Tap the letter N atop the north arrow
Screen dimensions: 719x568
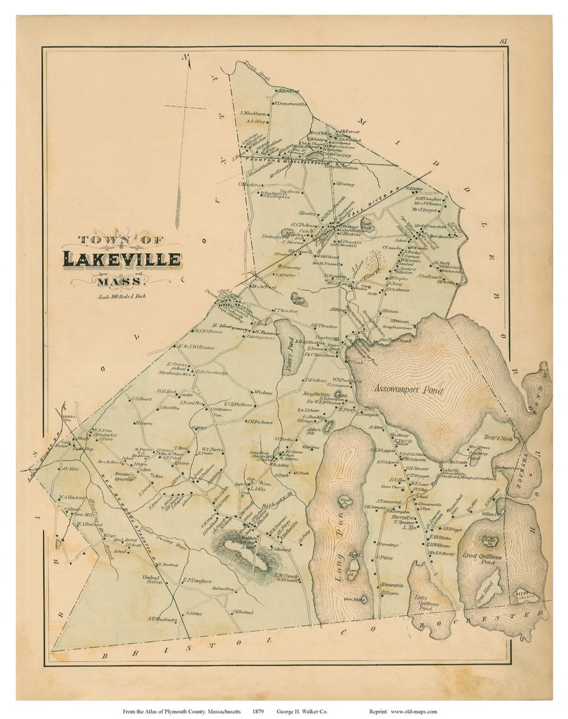point(185,57)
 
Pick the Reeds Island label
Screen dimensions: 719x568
point(526,595)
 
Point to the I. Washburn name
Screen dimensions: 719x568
point(253,114)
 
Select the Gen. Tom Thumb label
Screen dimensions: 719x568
point(395,341)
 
